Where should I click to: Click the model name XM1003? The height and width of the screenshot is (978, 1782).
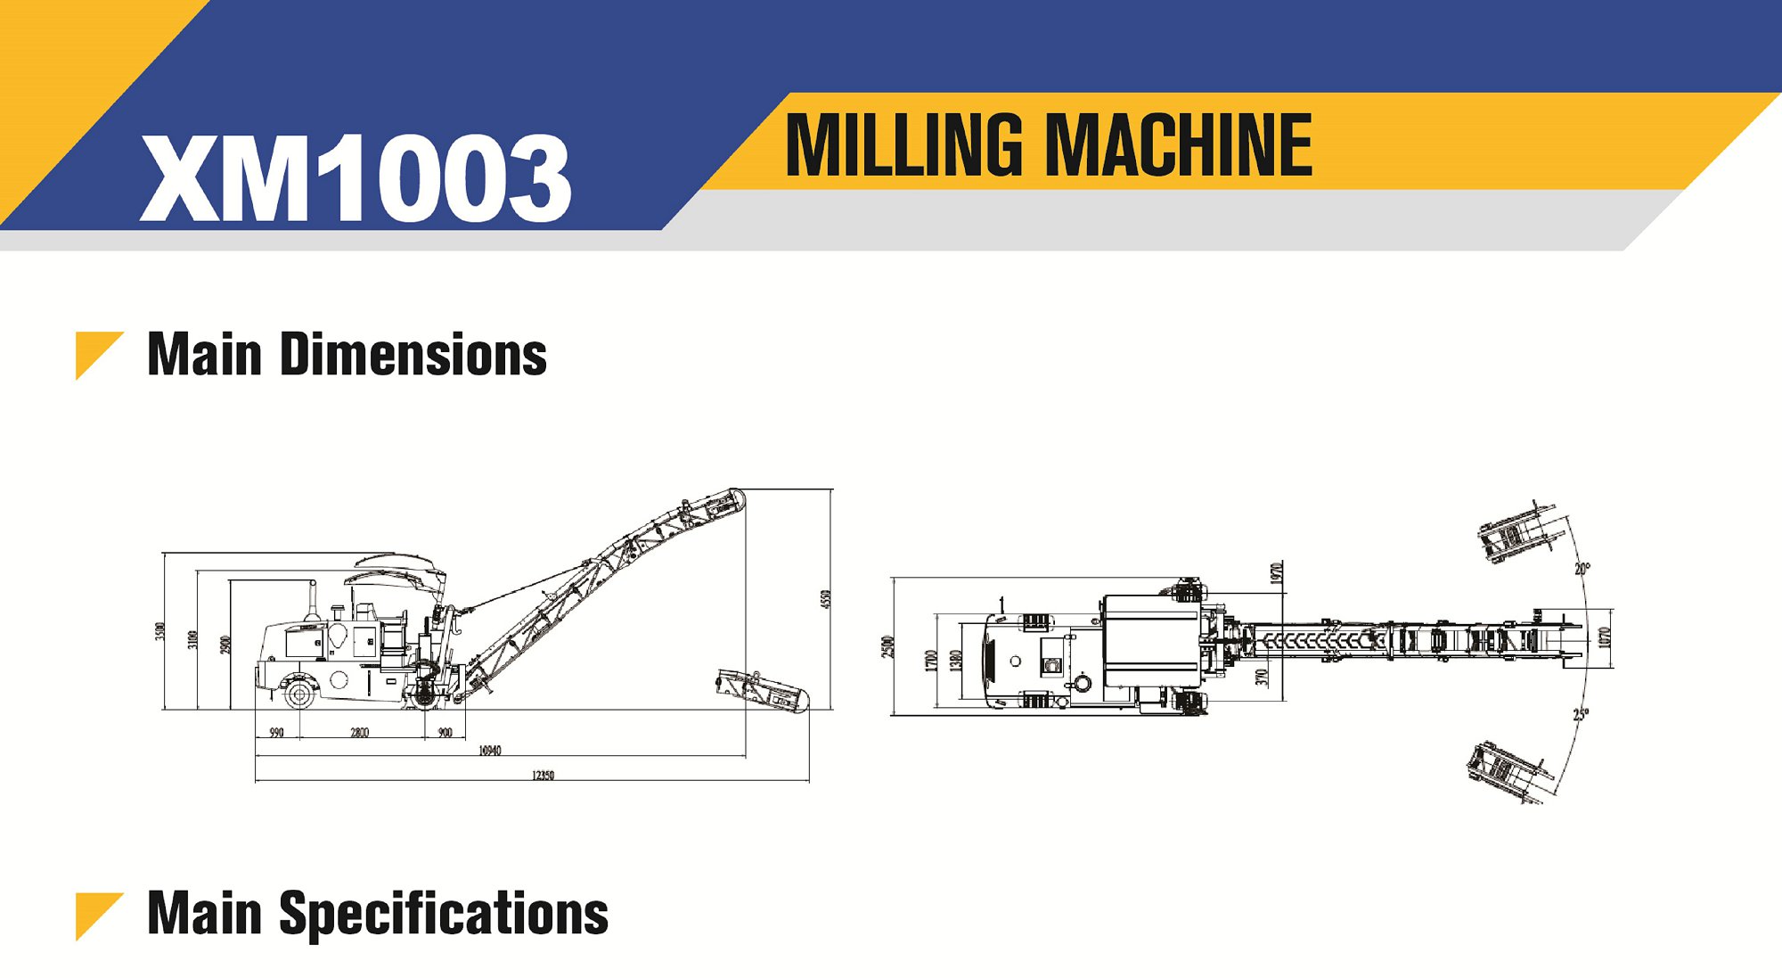(356, 177)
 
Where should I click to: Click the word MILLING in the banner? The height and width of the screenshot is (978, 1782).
(903, 144)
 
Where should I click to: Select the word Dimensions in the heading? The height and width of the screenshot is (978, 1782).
(413, 355)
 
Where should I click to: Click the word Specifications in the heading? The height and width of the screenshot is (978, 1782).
(444, 914)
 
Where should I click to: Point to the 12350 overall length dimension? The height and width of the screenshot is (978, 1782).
(543, 776)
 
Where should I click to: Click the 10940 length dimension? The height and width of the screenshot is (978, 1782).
(490, 751)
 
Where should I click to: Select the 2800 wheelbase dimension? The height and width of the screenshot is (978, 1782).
(359, 733)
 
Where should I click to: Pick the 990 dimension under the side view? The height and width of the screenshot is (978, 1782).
(276, 733)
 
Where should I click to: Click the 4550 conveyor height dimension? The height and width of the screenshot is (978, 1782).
(825, 599)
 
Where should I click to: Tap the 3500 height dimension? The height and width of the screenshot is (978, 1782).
(160, 630)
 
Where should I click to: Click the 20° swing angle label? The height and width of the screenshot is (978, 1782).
(1582, 568)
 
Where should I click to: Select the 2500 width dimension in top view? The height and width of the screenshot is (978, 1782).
(887, 646)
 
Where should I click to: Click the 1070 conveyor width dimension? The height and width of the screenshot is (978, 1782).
(1604, 637)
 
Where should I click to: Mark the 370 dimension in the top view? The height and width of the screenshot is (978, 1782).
(1262, 678)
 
